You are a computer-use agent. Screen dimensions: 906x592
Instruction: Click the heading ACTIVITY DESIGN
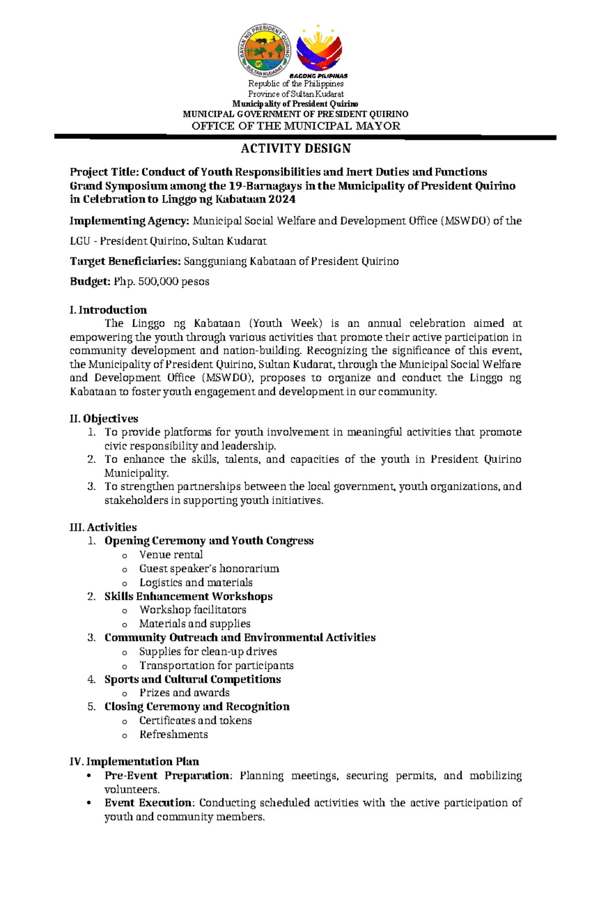pos(296,148)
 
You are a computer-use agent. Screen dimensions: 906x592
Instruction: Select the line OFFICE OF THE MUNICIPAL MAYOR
pos(296,126)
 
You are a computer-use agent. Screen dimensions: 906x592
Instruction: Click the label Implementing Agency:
pos(129,221)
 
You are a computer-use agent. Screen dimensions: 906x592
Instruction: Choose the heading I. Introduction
pos(108,310)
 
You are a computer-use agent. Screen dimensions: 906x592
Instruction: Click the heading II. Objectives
pos(104,419)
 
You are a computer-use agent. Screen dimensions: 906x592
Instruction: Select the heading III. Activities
pos(103,527)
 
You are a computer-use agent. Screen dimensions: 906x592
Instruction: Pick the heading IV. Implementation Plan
pos(134,761)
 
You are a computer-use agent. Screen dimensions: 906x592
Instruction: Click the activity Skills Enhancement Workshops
pos(188,596)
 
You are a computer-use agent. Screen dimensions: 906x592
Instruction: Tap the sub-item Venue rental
pos(171,554)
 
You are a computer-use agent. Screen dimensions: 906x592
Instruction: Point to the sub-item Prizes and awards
pos(185,692)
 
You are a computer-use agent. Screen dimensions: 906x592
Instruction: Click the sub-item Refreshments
pos(174,734)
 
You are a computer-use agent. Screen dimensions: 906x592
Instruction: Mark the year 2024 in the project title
pos(282,199)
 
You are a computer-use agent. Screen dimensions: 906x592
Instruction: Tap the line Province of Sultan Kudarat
pos(296,94)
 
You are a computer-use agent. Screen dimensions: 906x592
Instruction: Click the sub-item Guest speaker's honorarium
pos(209,568)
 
